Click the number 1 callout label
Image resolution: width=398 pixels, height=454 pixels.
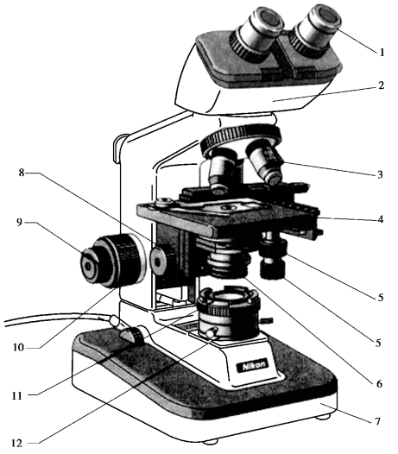click(382, 52)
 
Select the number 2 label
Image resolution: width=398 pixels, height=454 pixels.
click(381, 85)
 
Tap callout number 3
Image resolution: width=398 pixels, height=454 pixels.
click(380, 174)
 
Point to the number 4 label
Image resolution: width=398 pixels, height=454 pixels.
click(381, 219)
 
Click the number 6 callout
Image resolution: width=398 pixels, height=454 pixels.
click(379, 384)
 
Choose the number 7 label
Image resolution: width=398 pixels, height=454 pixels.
click(377, 421)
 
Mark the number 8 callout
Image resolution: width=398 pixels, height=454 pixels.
click(22, 173)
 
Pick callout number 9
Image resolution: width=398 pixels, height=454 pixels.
click(19, 223)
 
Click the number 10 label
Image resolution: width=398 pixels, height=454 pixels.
click(18, 347)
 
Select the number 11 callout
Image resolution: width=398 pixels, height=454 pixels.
click(17, 395)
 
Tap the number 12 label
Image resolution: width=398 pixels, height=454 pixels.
click(16, 444)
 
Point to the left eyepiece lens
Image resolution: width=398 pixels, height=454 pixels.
click(270, 19)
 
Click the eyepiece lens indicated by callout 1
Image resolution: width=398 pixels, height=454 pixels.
click(328, 16)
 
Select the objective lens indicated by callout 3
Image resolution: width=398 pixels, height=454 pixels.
click(267, 164)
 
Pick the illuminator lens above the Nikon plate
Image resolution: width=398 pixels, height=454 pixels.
click(228, 299)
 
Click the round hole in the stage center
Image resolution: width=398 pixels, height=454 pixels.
click(228, 207)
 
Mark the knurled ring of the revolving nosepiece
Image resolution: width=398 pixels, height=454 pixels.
click(240, 136)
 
